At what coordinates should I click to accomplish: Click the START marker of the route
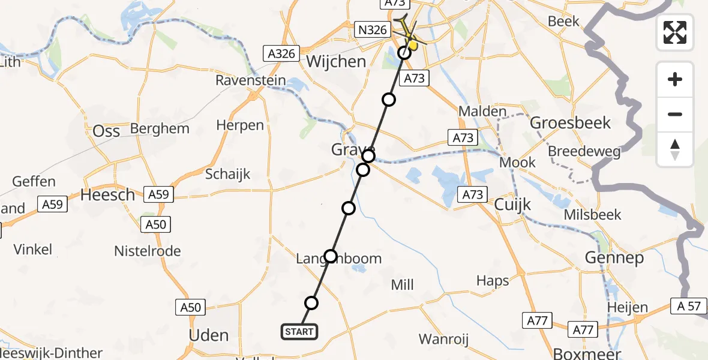click(x=299, y=331)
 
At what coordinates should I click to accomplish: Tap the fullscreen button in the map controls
click(x=675, y=32)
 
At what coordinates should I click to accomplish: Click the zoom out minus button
click(x=675, y=114)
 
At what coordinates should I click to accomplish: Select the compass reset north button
click(x=675, y=149)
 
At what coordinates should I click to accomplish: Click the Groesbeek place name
click(x=571, y=123)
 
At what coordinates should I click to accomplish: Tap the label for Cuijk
click(x=513, y=205)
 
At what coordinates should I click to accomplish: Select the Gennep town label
click(x=614, y=258)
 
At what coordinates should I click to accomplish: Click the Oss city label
click(x=106, y=131)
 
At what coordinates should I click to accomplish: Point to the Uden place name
click(x=208, y=335)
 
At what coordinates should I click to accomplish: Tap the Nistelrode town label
click(x=147, y=251)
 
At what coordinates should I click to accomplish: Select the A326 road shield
click(x=281, y=53)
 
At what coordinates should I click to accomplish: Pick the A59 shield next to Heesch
click(x=157, y=194)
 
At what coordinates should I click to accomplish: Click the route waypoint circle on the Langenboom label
click(x=331, y=256)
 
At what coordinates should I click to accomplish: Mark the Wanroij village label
click(x=443, y=339)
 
